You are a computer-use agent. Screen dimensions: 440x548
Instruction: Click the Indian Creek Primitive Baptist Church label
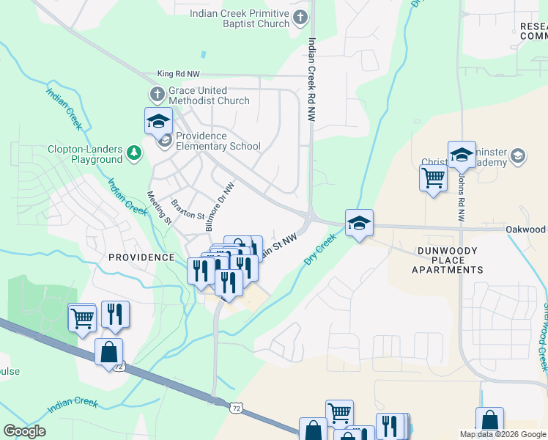click(240, 18)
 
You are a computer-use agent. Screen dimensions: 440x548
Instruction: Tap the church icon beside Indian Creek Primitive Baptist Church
click(300, 17)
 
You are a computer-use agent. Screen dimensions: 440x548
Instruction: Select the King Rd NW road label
click(178, 74)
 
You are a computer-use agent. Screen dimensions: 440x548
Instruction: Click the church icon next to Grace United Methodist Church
click(157, 95)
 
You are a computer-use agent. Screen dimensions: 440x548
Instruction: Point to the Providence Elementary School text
click(218, 141)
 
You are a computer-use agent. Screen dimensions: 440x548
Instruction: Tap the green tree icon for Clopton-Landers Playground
click(134, 153)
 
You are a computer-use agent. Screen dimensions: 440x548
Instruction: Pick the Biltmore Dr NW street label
click(220, 199)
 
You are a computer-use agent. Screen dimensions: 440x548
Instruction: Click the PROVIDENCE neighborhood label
click(141, 257)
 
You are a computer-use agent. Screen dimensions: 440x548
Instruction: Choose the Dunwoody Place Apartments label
click(447, 260)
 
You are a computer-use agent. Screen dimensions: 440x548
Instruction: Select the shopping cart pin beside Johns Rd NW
click(433, 177)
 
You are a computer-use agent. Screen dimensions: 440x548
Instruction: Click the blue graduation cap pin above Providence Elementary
click(158, 120)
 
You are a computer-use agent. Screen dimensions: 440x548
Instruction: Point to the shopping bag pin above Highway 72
click(108, 352)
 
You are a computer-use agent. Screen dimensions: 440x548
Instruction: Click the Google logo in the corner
click(24, 431)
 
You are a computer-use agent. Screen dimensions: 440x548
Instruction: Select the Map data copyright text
click(502, 434)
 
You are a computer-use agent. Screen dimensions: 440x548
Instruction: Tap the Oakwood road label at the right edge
click(526, 230)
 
